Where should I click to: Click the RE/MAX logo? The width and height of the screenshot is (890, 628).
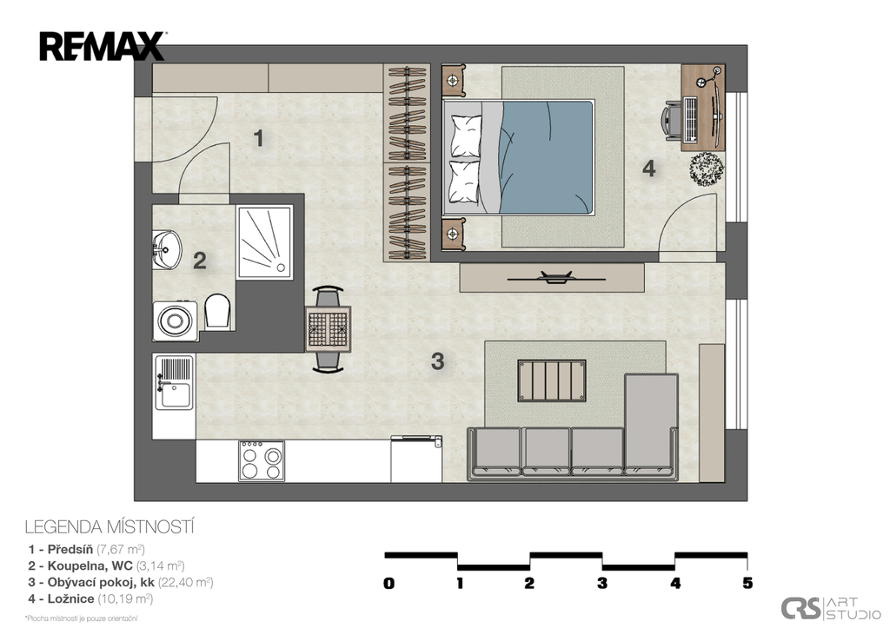click(x=102, y=46)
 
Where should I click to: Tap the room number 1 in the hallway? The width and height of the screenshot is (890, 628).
click(x=258, y=137)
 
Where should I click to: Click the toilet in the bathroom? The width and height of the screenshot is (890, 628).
click(x=217, y=311)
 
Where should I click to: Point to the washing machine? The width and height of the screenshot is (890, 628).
click(x=174, y=321)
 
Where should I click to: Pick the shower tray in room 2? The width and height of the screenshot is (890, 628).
click(x=264, y=242)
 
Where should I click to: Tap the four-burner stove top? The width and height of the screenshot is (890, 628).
click(x=262, y=461)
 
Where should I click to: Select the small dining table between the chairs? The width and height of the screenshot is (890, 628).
click(x=329, y=328)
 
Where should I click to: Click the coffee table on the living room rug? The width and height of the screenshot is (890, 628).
click(x=551, y=380)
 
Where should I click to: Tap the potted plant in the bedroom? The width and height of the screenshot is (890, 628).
click(x=707, y=168)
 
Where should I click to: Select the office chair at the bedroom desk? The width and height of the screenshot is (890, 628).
click(x=675, y=121)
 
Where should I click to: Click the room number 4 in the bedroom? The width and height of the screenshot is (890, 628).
click(x=648, y=169)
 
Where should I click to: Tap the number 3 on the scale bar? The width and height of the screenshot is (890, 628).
click(x=601, y=584)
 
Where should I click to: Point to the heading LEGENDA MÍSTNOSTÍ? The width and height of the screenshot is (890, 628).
click(x=109, y=526)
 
